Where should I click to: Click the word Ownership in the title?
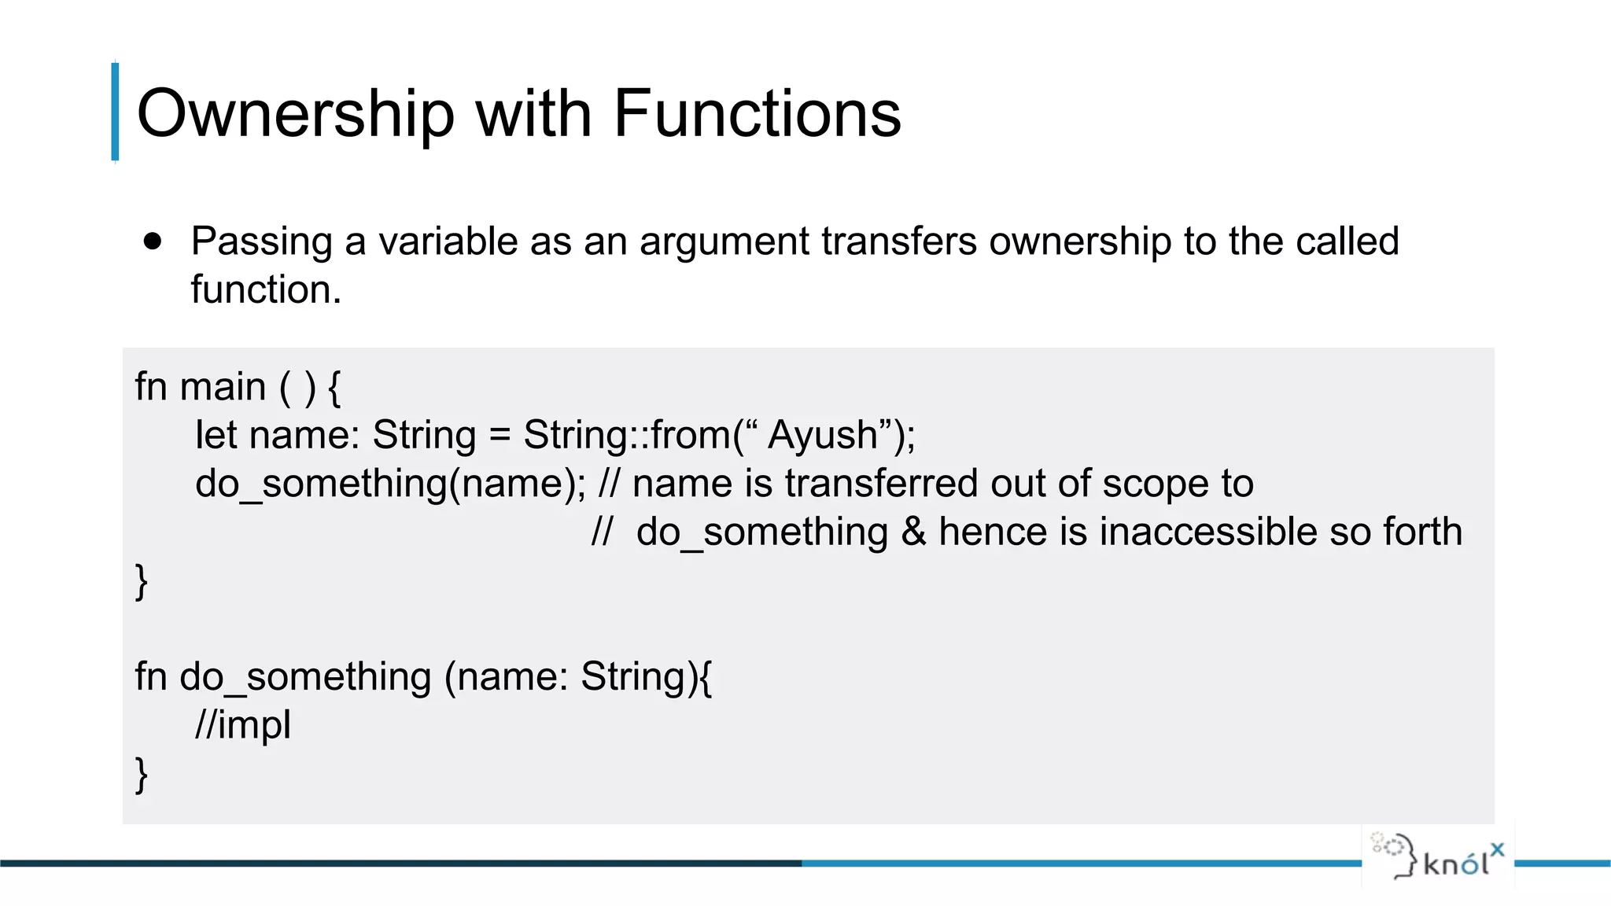(296, 114)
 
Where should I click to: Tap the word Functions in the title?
(757, 114)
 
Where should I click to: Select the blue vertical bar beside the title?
(116, 112)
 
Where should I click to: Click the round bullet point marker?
(153, 241)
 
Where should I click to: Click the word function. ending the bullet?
(266, 289)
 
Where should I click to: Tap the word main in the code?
(223, 387)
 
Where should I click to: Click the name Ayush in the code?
(823, 435)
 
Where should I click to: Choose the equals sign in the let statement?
(500, 436)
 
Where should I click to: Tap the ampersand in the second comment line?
(913, 532)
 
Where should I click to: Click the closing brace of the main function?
(142, 581)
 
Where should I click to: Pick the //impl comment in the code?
(243, 725)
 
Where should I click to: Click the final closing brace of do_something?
(142, 775)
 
